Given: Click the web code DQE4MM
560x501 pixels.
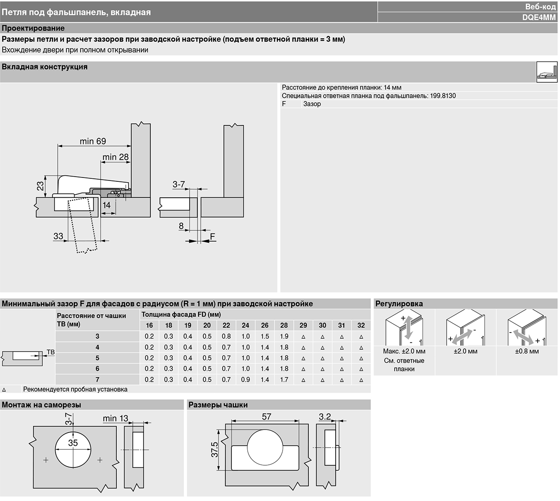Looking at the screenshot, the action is (539, 17).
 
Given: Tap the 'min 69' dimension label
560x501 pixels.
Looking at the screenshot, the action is (93, 141).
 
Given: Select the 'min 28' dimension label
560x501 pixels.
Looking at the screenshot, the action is (115, 157).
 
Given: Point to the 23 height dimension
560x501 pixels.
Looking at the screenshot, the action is (40, 186).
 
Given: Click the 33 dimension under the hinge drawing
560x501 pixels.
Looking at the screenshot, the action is (58, 236).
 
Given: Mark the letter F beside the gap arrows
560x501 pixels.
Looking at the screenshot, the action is (212, 236).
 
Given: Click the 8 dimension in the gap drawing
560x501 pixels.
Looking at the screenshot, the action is (181, 226).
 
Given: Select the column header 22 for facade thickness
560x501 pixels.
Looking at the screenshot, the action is (226, 325).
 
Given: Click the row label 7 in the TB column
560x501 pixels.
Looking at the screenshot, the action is (97, 380).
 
